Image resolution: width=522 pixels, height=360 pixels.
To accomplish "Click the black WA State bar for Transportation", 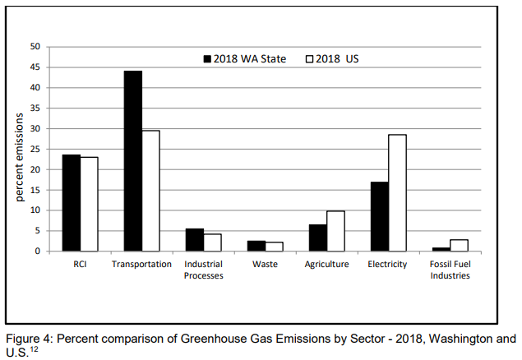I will pos(133,161).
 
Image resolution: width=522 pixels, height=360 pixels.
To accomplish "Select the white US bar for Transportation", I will pos(150,191).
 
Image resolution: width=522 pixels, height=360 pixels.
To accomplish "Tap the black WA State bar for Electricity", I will pos(379,216).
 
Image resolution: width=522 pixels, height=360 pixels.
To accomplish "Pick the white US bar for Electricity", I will pos(397,192).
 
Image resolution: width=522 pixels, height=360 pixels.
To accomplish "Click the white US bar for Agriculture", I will pos(335,231).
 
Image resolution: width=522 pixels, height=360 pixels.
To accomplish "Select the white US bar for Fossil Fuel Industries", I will pos(459,245).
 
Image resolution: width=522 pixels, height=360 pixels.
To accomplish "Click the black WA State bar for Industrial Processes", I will pos(195,240).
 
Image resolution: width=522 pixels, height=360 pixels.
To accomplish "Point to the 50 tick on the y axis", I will pos(35,47).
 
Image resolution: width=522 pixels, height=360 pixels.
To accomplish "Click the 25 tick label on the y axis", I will pos(35,149).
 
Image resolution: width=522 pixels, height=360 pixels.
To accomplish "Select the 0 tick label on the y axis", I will pos(38,252).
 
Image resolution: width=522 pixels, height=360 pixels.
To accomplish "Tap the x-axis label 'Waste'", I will pos(266,264).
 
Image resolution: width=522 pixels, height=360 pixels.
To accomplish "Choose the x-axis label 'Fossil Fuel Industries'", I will pos(450,270).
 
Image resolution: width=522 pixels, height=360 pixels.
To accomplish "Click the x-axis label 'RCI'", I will pos(80,264).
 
